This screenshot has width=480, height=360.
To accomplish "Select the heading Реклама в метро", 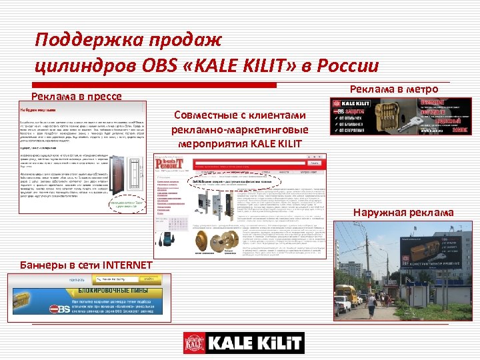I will (394, 89).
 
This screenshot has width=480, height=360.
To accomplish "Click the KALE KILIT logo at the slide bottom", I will (243, 343).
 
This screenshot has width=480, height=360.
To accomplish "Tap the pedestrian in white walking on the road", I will (371, 305).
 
